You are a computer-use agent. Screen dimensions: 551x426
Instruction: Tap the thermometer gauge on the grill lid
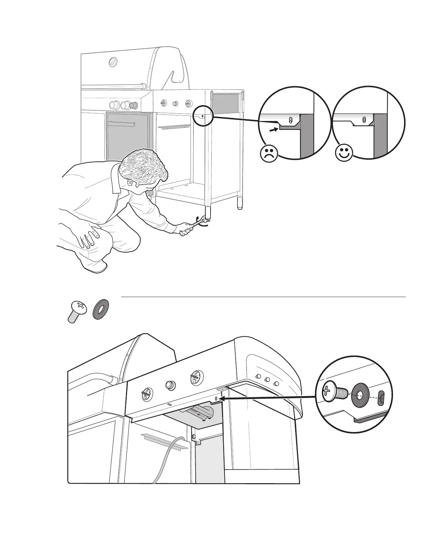coord(113,62)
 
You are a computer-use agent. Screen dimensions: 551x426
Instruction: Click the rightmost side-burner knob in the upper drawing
coord(188,103)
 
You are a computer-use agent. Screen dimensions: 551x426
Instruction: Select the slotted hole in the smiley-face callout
coord(364,120)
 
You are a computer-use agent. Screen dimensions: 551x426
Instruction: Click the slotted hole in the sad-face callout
coord(291,120)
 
